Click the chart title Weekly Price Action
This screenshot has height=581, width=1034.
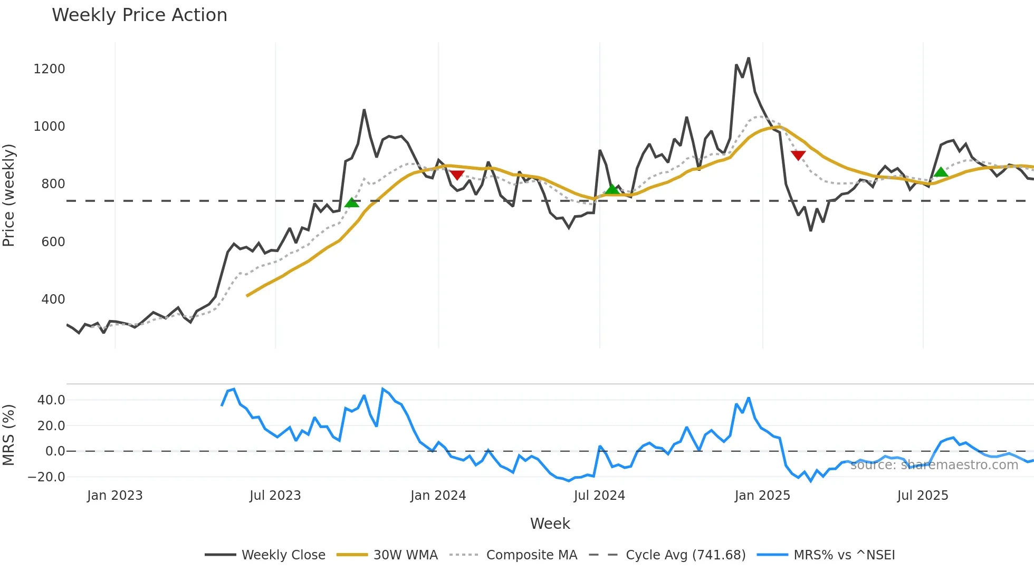click(x=139, y=15)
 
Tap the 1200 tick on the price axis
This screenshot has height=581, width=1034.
click(x=49, y=69)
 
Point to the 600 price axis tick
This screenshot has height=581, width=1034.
click(x=53, y=242)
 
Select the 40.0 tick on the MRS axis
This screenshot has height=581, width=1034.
click(x=51, y=400)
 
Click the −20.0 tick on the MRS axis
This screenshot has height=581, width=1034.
click(x=46, y=477)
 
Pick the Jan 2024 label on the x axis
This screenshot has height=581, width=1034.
click(x=438, y=496)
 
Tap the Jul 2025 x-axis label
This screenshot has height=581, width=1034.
click(x=922, y=496)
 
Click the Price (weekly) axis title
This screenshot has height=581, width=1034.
click(x=9, y=195)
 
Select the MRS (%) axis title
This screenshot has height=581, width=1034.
click(x=9, y=435)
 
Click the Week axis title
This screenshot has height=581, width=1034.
click(x=550, y=524)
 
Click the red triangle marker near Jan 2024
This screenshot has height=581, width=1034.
click(x=457, y=175)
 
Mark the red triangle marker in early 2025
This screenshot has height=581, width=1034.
click(x=798, y=155)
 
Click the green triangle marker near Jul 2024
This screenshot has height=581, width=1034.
click(x=612, y=189)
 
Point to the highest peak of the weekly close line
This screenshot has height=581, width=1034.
click(x=749, y=59)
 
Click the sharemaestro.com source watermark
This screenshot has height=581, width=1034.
click(x=934, y=465)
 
